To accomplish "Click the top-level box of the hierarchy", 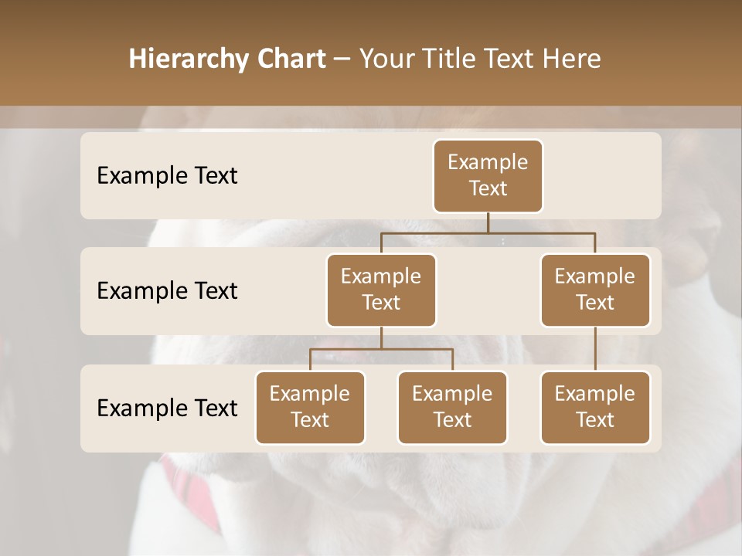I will pyautogui.click(x=488, y=175).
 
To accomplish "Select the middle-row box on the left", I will pyautogui.click(x=381, y=290).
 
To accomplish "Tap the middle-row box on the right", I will pyautogui.click(x=595, y=290).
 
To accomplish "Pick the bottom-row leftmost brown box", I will pyautogui.click(x=310, y=407).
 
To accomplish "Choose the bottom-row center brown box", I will pyautogui.click(x=452, y=407).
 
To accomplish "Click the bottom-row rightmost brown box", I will pyautogui.click(x=595, y=407).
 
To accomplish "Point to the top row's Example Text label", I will pyautogui.click(x=167, y=175).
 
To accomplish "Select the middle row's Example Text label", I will pyautogui.click(x=167, y=290).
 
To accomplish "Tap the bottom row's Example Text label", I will pyautogui.click(x=167, y=408).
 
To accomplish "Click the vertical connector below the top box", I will pyautogui.click(x=488, y=222).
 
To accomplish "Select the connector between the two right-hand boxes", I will pyautogui.click(x=595, y=349).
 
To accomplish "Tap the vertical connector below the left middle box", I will pyautogui.click(x=381, y=337).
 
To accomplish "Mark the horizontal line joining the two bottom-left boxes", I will pyautogui.click(x=381, y=349).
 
